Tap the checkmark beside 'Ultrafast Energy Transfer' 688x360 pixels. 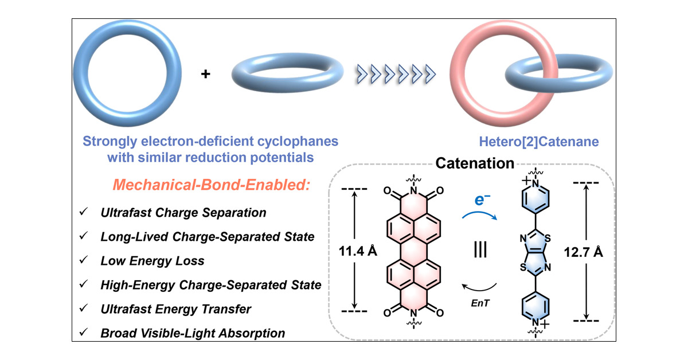(85, 309)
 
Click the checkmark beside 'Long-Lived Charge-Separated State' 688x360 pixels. (85, 237)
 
